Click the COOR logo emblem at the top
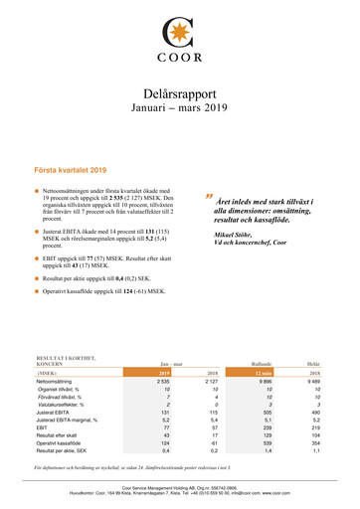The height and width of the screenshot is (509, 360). tap(179, 30)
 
